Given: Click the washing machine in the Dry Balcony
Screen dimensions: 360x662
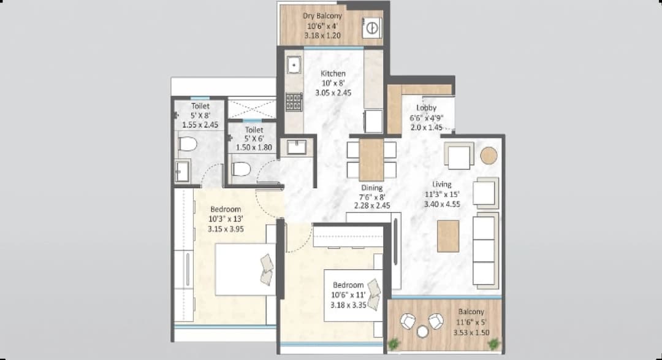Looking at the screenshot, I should tap(371, 28).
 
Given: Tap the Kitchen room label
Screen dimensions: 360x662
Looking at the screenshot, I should tap(333, 74).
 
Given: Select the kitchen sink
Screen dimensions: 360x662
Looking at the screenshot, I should tap(294, 65).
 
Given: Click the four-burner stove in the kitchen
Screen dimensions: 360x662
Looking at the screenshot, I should tap(294, 102).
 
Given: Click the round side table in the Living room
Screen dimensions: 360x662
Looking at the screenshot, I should tap(489, 156).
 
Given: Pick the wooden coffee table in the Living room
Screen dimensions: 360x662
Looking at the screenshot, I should tap(448, 236).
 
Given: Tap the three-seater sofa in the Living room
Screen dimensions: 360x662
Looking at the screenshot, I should tap(485, 250).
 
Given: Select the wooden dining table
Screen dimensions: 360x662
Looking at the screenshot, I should tap(371, 159).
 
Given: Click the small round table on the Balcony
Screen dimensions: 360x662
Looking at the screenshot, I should tap(422, 332).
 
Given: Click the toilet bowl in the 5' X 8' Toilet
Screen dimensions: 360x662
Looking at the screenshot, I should tap(187, 145).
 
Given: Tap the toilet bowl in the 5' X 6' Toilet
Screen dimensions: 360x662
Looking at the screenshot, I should tap(242, 169).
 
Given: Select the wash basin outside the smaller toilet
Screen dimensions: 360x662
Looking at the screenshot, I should tap(296, 147).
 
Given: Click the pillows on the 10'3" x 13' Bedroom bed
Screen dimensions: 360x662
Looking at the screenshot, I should tap(267, 269).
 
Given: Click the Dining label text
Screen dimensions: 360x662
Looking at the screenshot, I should tap(371, 188).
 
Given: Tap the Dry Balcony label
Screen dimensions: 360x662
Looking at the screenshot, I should tap(322, 16).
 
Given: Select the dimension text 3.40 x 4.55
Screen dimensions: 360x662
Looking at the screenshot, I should tap(441, 204).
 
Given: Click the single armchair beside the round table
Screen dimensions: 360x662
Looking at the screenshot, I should tap(458, 156).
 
